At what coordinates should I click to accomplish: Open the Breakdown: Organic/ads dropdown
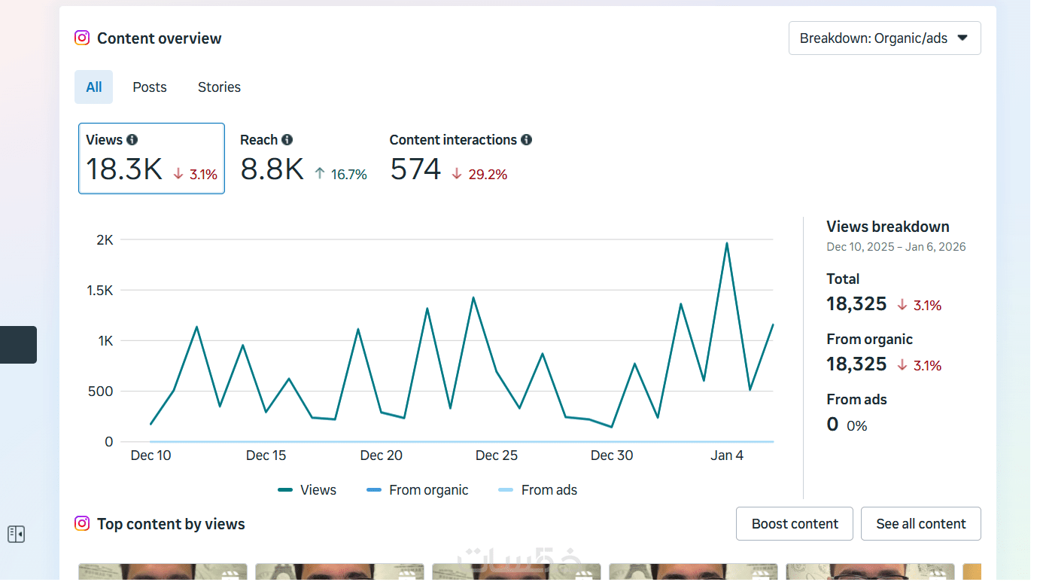click(x=884, y=38)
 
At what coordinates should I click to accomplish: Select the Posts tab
click(x=150, y=87)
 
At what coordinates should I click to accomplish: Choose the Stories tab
click(x=219, y=87)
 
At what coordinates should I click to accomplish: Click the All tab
click(x=93, y=87)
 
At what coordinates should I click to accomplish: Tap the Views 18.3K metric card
click(x=151, y=159)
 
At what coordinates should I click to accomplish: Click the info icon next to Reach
click(x=287, y=140)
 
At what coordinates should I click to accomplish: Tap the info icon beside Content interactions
click(x=526, y=140)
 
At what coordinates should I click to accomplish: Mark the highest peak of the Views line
click(x=727, y=243)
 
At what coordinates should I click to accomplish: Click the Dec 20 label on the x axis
click(x=382, y=456)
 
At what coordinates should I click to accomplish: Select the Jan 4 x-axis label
click(x=727, y=456)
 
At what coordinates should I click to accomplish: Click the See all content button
click(x=920, y=524)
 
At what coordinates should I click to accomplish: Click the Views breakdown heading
click(x=887, y=227)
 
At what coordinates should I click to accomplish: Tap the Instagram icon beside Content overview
click(x=82, y=38)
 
